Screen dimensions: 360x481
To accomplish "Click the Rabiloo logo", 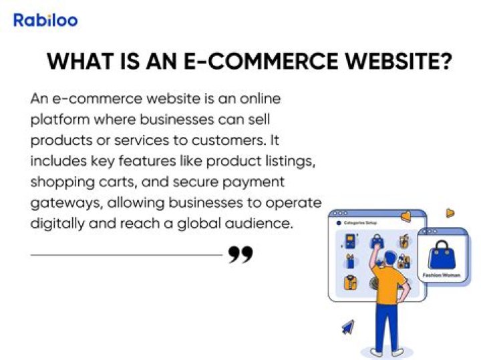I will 45,20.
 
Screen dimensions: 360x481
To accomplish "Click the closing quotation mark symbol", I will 240,254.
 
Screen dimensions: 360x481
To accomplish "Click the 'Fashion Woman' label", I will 441,275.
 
